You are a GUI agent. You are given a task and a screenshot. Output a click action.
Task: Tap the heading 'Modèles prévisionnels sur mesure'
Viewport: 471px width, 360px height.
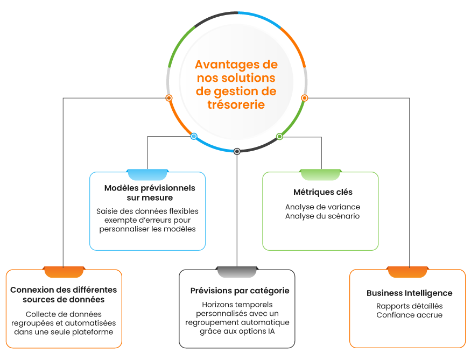coord(149,193)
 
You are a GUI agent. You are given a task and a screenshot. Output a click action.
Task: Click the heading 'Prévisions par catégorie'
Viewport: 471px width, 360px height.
coord(240,291)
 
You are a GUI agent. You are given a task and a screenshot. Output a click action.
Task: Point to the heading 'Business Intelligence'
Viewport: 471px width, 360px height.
coord(409,293)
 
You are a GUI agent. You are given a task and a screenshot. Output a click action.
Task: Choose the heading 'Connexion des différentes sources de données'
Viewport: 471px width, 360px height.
coord(64,294)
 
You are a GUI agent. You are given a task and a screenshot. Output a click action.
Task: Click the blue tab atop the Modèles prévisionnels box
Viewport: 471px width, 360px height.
coord(147,174)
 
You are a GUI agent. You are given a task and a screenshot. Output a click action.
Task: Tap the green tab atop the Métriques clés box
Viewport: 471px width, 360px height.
coord(320,174)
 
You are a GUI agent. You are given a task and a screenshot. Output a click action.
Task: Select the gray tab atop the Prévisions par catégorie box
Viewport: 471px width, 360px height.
coord(237,272)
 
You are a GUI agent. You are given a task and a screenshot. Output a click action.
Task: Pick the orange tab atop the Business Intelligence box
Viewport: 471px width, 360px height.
coord(407,272)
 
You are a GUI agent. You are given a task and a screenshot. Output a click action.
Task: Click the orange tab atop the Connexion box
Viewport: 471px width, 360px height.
coord(64,272)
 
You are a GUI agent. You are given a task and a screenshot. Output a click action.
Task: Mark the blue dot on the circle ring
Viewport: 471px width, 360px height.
coord(194,136)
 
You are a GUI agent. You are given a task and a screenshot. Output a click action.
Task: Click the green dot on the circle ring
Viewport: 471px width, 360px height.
coord(279,137)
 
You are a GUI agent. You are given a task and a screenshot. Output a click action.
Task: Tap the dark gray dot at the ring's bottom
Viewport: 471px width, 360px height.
coord(237,151)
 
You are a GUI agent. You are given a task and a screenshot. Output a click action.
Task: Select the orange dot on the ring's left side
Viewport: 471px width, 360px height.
coord(169,98)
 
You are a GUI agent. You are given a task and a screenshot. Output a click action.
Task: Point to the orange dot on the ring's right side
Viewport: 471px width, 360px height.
coord(304,98)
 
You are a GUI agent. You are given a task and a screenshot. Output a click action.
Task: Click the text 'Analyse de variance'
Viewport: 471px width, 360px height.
coord(322,207)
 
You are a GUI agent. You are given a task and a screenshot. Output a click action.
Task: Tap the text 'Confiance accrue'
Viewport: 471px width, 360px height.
coord(409,315)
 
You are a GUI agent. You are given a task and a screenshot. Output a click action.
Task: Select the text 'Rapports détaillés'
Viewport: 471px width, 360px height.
coord(409,306)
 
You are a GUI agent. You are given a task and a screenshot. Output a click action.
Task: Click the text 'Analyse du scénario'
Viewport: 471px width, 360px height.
coord(322,216)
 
